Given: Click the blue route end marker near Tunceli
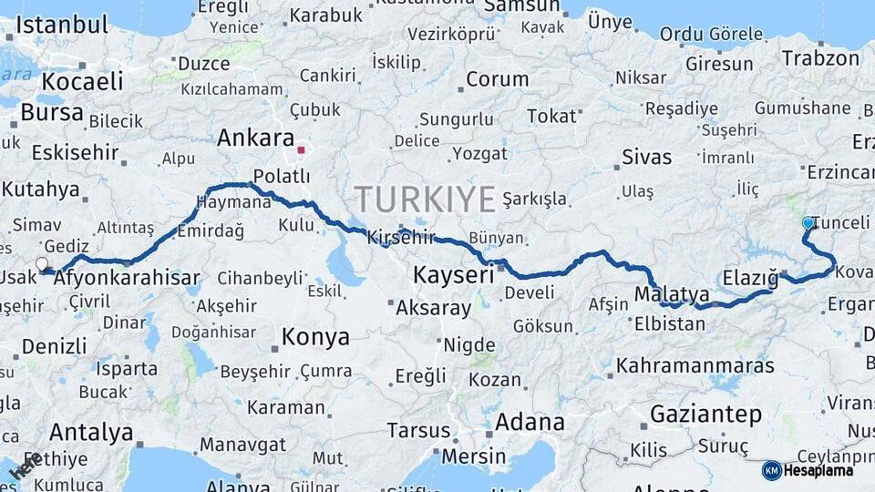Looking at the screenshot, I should click(808, 222).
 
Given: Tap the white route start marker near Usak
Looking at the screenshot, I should click(42, 264).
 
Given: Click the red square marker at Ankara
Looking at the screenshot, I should click(302, 149).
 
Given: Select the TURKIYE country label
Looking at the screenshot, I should click(425, 199).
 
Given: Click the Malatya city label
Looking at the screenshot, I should click(671, 294).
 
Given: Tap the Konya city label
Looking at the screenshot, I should click(315, 337).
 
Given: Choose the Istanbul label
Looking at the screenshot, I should click(62, 25).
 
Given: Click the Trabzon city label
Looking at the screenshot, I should click(820, 58).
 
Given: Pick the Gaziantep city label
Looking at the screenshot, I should click(705, 415).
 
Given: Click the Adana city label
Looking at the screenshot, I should click(529, 422).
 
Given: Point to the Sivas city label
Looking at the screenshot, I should click(646, 157).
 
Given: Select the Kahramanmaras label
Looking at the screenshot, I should click(695, 366).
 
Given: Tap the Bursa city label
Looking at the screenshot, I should click(51, 113).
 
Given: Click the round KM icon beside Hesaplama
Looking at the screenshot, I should click(771, 470).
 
